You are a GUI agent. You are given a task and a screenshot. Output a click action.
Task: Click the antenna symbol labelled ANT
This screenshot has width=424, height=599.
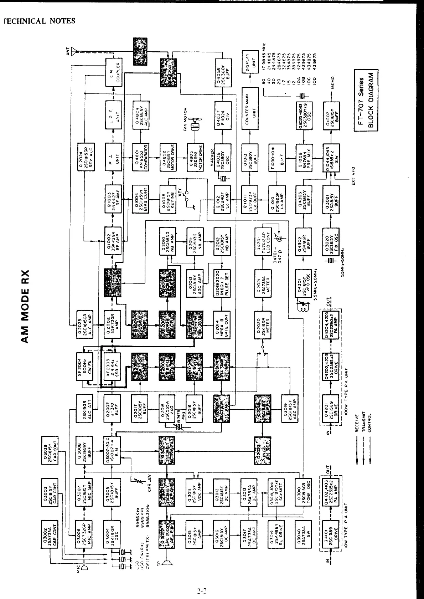click(x=74, y=52)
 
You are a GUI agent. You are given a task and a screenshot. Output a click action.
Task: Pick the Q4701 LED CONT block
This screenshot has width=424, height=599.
click(x=264, y=241)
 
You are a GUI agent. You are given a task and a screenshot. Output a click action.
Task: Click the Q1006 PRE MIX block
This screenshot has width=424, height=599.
click(x=304, y=156)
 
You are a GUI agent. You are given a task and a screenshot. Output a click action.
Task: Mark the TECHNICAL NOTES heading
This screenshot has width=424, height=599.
click(x=39, y=21)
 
